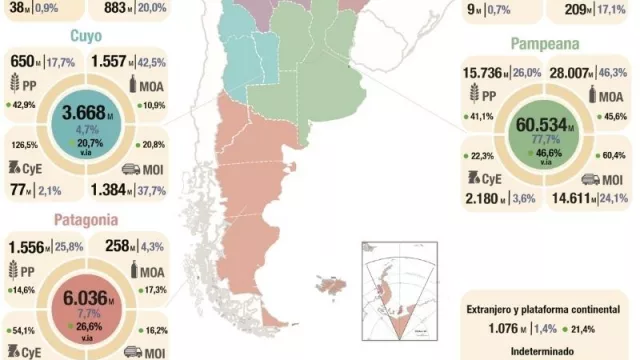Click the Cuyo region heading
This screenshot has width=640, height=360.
pos(90,37)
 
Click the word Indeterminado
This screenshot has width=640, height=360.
pos(547,350)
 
